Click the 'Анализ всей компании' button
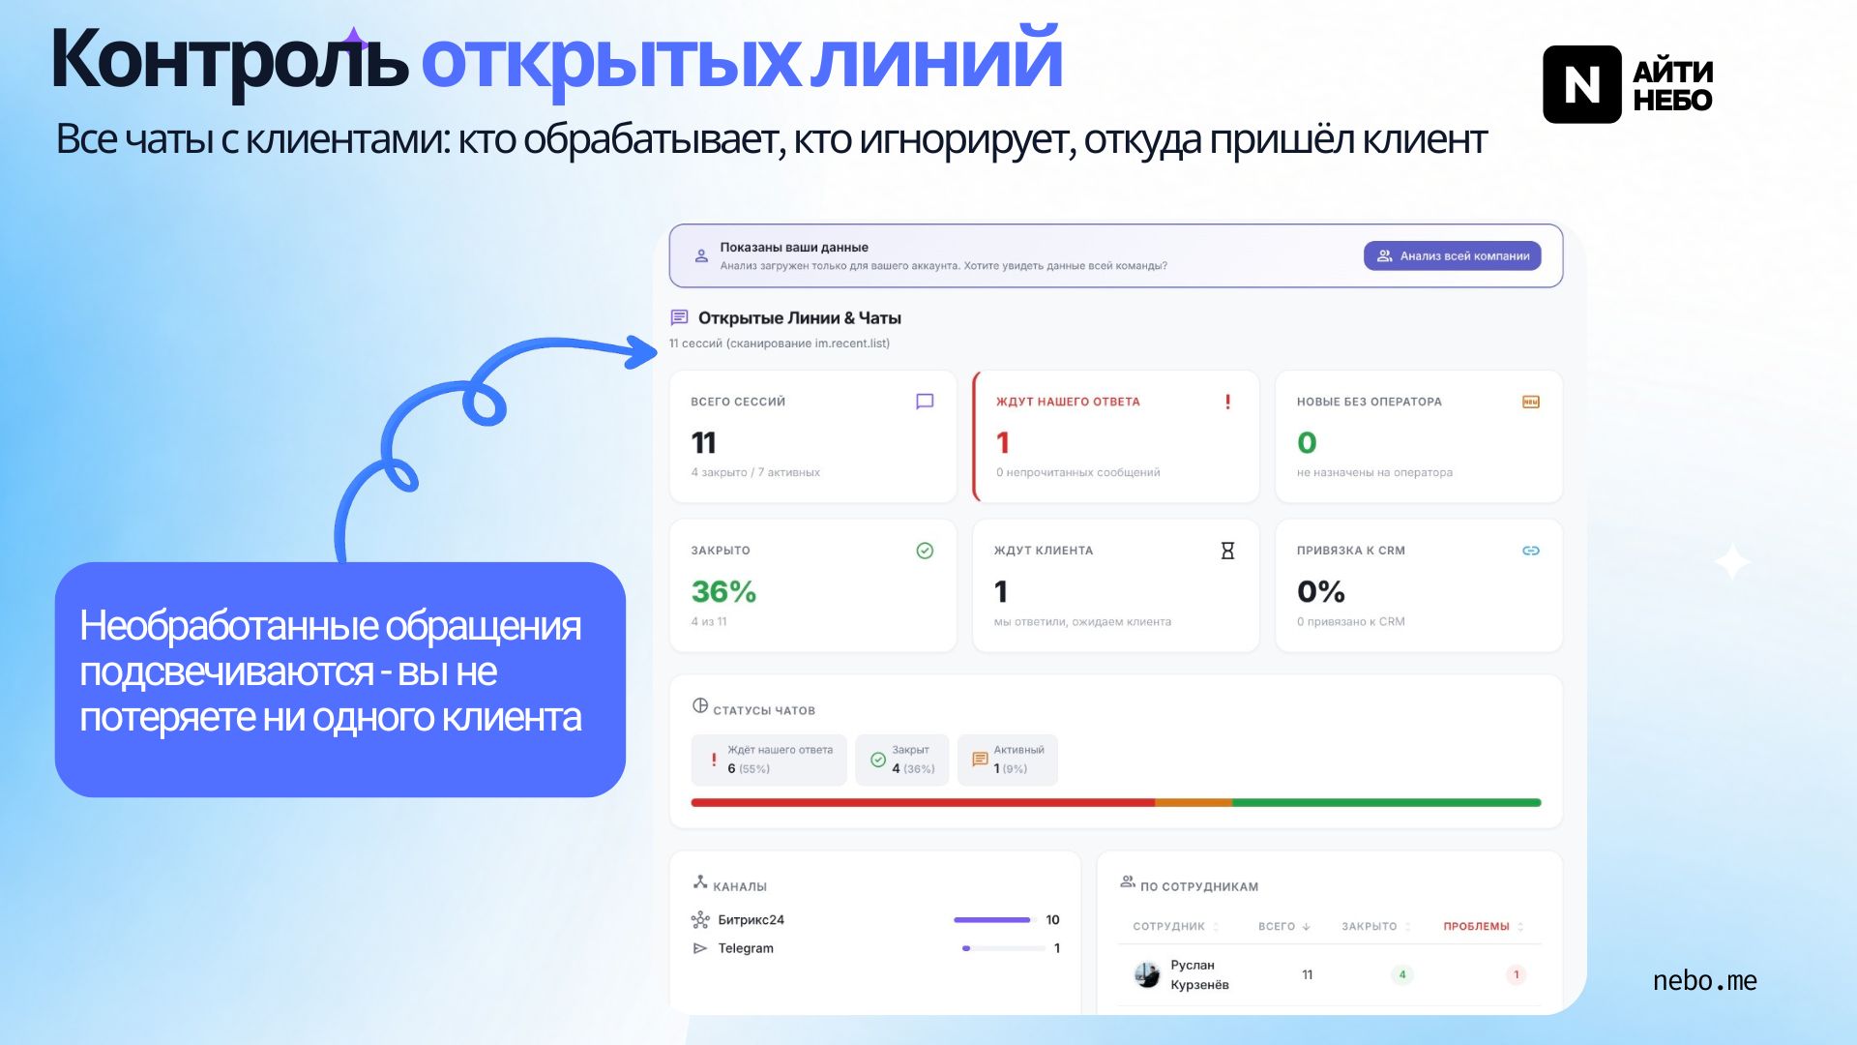point(1452,256)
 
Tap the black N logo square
point(1581,84)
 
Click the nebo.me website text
point(1704,980)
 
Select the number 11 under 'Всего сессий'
point(703,443)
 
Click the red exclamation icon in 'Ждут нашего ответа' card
point(1227,402)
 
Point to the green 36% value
point(723,591)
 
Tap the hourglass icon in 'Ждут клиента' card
point(1227,551)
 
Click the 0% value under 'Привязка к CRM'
point(1320,591)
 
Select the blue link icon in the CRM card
point(1530,551)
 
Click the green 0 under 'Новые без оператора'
point(1307,443)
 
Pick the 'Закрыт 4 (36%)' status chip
point(901,760)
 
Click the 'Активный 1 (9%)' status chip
point(1007,760)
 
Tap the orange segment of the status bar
point(1194,802)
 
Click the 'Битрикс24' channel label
point(751,920)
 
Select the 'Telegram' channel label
point(746,948)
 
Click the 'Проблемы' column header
point(1476,927)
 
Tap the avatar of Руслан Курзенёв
point(1147,974)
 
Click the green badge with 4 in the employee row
point(1401,974)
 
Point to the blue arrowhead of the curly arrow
point(640,352)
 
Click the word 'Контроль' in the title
point(229,60)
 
